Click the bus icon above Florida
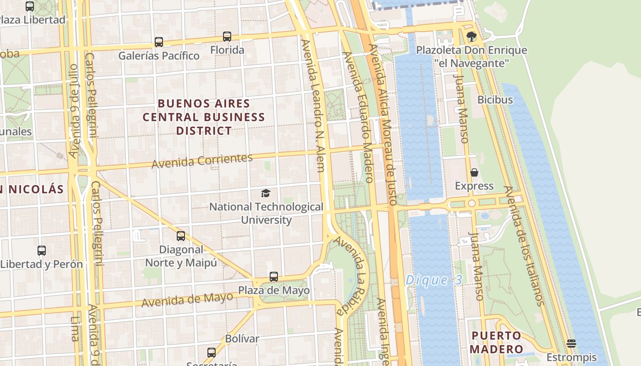click(227, 36)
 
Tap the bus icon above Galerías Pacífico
click(159, 42)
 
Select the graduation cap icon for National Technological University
click(266, 193)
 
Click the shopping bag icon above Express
click(474, 172)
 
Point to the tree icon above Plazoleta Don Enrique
click(471, 36)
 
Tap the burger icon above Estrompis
click(571, 343)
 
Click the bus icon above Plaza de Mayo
click(274, 277)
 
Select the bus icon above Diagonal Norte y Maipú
click(181, 236)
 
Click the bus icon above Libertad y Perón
click(42, 251)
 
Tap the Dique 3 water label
click(434, 280)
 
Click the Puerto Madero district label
click(496, 342)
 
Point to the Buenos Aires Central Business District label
click(204, 117)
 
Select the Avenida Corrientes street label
click(202, 161)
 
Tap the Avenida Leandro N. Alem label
click(314, 105)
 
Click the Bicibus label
click(495, 99)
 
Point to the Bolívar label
click(242, 339)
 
